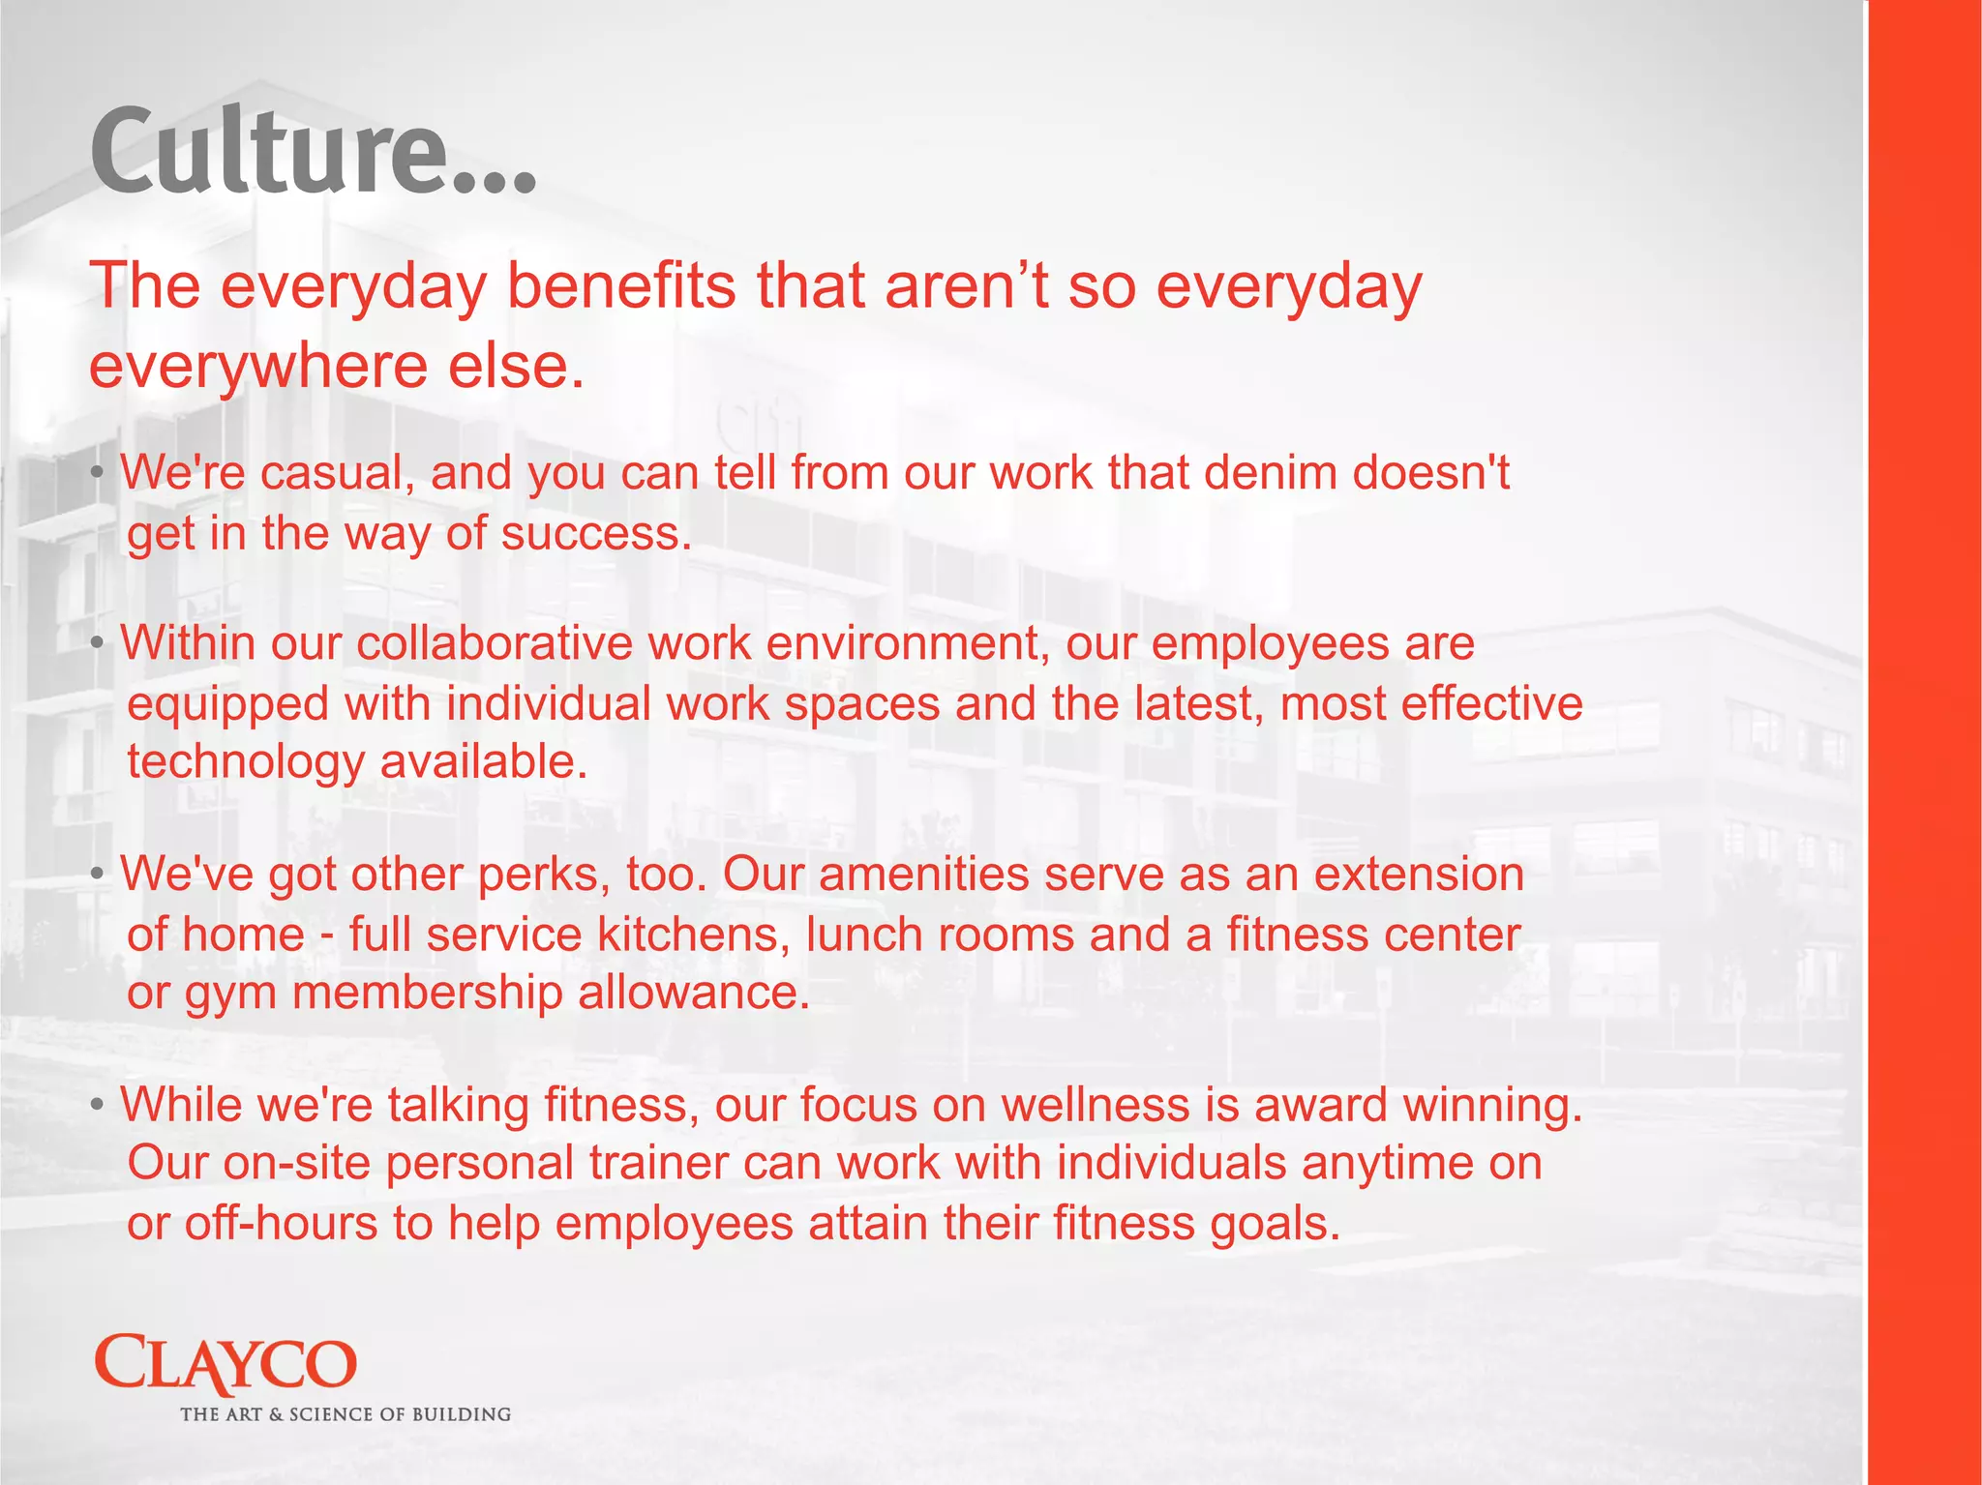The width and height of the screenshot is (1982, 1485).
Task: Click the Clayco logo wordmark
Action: click(x=225, y=1364)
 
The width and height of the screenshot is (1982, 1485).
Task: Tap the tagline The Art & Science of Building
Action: click(x=345, y=1414)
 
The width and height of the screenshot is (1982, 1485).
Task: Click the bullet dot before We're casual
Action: click(x=97, y=474)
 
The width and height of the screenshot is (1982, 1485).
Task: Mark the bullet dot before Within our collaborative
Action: click(x=97, y=644)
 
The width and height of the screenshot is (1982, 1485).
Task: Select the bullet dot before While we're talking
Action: click(x=97, y=1106)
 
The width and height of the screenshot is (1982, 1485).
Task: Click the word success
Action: click(x=596, y=534)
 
